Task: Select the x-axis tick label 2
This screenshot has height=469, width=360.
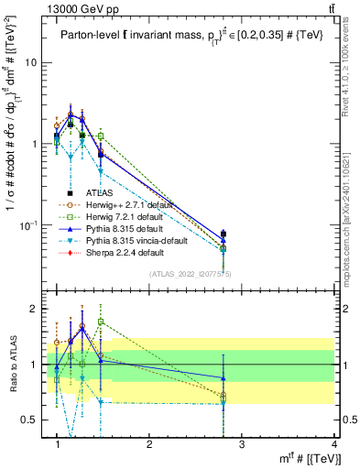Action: point(149,443)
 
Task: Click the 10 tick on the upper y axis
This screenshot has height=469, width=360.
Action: point(34,62)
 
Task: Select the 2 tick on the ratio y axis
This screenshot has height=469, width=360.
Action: point(37,309)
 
